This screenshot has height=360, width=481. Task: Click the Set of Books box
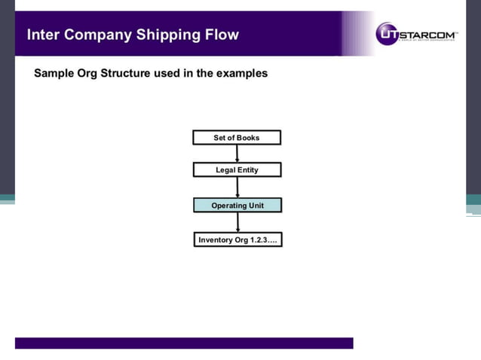(x=237, y=138)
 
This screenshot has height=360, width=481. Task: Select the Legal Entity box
(x=237, y=170)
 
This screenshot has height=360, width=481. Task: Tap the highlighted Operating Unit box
(x=237, y=206)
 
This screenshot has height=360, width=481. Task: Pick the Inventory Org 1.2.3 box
(x=237, y=240)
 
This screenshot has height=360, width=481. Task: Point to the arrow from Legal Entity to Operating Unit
(x=237, y=188)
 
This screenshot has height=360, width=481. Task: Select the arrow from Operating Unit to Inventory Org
(x=237, y=222)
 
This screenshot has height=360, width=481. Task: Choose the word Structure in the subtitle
(x=133, y=74)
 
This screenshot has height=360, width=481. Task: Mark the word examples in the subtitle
(x=240, y=74)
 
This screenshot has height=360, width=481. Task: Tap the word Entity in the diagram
(x=247, y=170)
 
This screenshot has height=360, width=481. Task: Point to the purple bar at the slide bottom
(x=184, y=343)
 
